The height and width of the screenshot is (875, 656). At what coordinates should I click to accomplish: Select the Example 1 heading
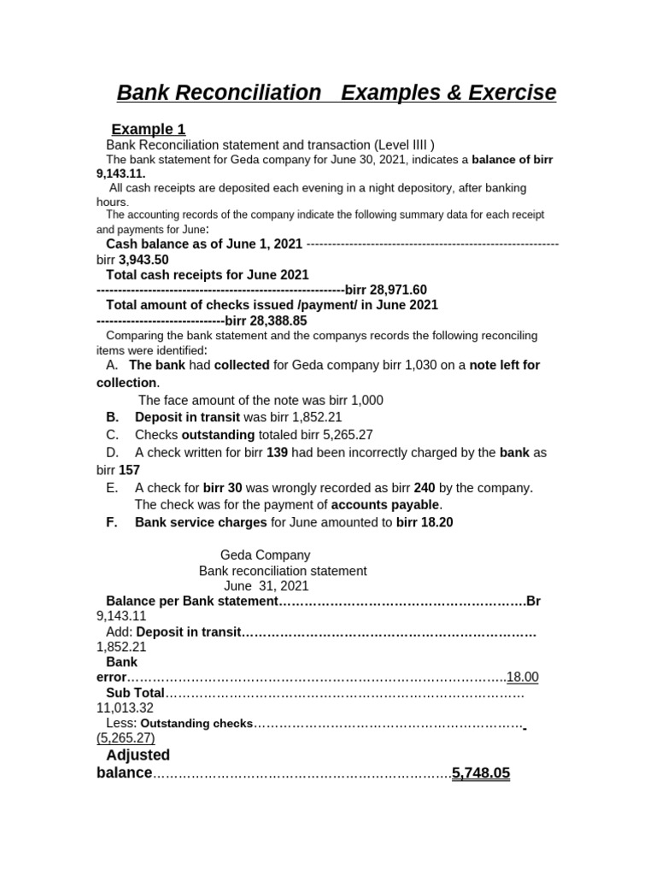(x=148, y=129)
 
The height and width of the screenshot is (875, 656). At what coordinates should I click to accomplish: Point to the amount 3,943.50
(x=143, y=260)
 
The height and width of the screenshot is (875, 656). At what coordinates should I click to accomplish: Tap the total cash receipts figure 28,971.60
(x=398, y=290)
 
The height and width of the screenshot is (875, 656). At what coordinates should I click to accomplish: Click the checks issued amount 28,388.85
(x=278, y=320)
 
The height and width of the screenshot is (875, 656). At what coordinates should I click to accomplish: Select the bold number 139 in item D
(x=278, y=452)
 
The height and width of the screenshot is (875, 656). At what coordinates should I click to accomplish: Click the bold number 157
(x=129, y=470)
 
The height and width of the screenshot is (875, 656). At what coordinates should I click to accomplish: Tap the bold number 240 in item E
(x=425, y=487)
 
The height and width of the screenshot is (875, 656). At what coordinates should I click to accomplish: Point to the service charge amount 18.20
(x=436, y=522)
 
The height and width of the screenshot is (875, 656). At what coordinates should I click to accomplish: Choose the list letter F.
(x=111, y=522)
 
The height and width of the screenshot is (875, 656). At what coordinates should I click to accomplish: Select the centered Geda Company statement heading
(x=266, y=555)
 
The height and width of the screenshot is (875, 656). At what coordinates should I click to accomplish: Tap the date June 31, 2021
(x=266, y=586)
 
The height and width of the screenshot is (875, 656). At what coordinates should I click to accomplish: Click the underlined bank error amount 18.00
(x=523, y=677)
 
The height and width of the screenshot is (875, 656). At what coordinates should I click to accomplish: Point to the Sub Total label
(x=135, y=692)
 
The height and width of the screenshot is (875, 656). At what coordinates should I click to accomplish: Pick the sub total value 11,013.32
(x=125, y=708)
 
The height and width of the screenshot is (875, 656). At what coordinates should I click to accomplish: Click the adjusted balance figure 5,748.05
(x=481, y=772)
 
